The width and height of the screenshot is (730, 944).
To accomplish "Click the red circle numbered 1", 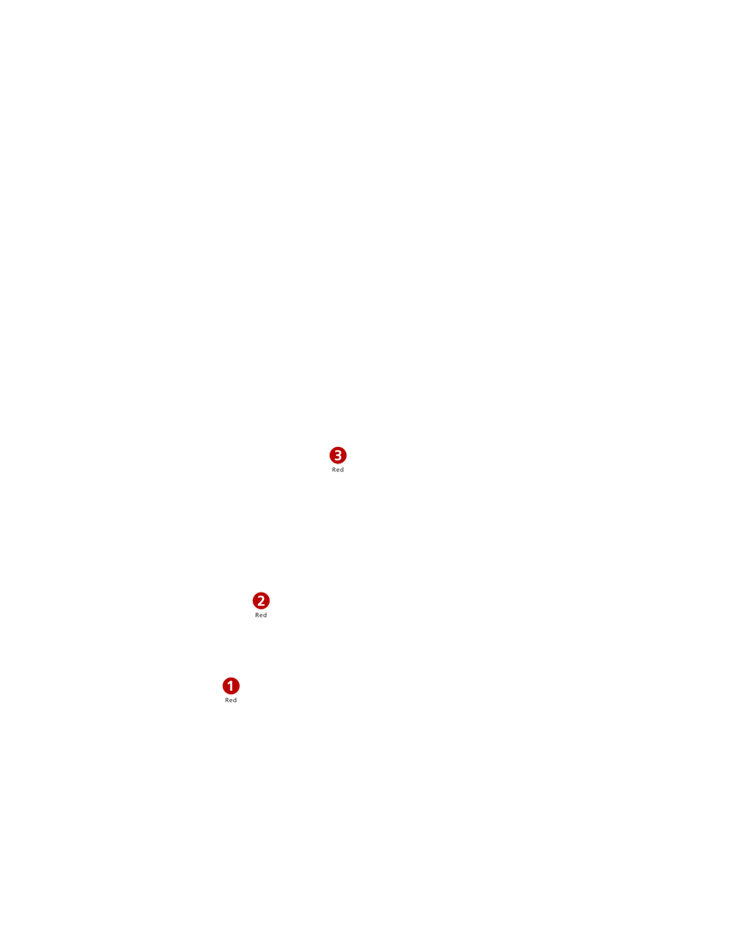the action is (x=231, y=686).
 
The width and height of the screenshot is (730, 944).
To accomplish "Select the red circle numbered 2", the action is (x=261, y=601).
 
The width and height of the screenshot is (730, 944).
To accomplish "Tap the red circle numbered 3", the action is (x=338, y=455).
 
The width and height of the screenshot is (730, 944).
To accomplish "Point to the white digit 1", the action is (x=231, y=686).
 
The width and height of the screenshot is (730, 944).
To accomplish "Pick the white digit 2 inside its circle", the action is (x=261, y=601).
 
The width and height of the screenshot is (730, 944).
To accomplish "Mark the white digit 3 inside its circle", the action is (x=338, y=455).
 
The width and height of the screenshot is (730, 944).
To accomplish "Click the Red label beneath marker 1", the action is (x=231, y=700).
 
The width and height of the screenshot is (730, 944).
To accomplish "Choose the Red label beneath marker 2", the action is (x=261, y=615).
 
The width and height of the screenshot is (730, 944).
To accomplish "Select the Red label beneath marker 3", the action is (x=338, y=470).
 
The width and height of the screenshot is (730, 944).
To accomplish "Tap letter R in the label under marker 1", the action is (x=227, y=700).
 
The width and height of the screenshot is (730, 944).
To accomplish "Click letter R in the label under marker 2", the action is (x=257, y=615).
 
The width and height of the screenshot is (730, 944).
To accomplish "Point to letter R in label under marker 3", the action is (x=334, y=470).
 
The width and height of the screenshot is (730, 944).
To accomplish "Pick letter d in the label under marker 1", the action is (x=235, y=700).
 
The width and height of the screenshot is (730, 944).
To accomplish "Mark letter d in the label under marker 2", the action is (x=265, y=615).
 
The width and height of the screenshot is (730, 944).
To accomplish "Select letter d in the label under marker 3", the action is (x=342, y=470).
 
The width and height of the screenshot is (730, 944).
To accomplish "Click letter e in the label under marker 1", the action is (x=231, y=701).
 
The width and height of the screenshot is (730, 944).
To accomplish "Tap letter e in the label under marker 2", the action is (x=261, y=616).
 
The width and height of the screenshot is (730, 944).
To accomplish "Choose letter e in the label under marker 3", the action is (x=338, y=470).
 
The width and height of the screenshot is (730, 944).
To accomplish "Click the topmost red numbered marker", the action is (x=338, y=455).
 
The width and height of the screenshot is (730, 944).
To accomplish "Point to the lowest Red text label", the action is (x=231, y=700).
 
